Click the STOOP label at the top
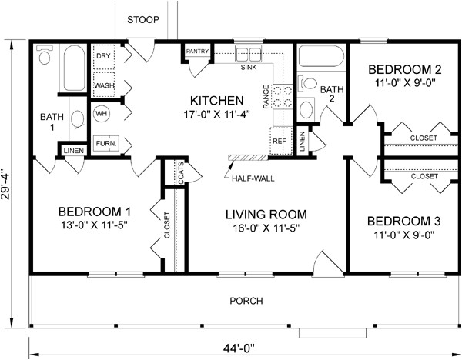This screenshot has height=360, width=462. click(x=143, y=20)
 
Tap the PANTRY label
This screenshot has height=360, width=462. click(x=197, y=52)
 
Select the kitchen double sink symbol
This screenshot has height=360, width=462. click(x=248, y=54)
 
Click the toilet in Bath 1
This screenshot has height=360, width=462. click(x=45, y=55)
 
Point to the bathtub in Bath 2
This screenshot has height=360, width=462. click(x=321, y=56)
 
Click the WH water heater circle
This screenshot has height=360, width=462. click(x=102, y=113)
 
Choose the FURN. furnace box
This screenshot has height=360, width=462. click(x=106, y=143)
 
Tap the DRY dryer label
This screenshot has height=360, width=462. click(x=103, y=56)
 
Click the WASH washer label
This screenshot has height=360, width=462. click(x=104, y=85)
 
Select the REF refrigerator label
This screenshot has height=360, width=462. click(x=280, y=142)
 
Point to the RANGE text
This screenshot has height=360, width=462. click(x=266, y=97)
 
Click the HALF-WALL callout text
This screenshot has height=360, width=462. click(x=253, y=178)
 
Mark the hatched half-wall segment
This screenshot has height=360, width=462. click(x=248, y=158)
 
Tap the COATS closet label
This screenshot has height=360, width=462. click(x=181, y=173)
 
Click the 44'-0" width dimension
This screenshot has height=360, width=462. click(x=239, y=348)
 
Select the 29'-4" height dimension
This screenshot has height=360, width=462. click(x=5, y=184)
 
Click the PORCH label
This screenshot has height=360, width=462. click(x=246, y=301)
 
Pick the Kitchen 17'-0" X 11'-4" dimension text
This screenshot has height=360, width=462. click(x=217, y=114)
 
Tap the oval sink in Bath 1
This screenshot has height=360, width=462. click(x=78, y=118)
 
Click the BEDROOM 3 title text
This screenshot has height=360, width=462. click(x=404, y=222)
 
